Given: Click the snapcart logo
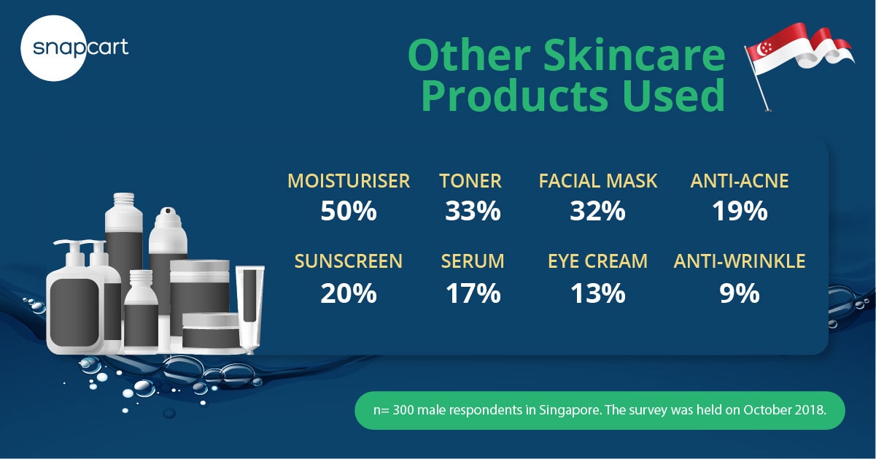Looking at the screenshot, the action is point(74,48).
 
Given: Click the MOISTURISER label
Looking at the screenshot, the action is point(349,181).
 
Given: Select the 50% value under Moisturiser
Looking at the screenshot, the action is point(349,211).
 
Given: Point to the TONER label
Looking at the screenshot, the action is point(470,181).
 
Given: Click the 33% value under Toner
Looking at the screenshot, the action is point(473,211).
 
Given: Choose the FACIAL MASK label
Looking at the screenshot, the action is point(598,181).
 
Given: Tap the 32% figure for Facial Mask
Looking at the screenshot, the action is point(597,211).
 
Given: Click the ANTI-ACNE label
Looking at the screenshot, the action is point(740,181).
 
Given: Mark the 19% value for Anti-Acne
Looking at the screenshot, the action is point(740,211).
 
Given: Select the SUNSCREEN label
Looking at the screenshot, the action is point(349,261).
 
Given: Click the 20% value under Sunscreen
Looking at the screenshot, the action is point(349,293).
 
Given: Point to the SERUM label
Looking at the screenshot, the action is point(473,261).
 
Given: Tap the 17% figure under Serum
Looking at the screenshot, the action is point(473,293).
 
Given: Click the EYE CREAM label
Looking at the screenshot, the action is point(597,261).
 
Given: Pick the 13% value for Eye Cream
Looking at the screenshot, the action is point(598,293).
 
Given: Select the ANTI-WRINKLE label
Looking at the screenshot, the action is point(740,261).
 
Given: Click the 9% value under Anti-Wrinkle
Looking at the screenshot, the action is point(740,293).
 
